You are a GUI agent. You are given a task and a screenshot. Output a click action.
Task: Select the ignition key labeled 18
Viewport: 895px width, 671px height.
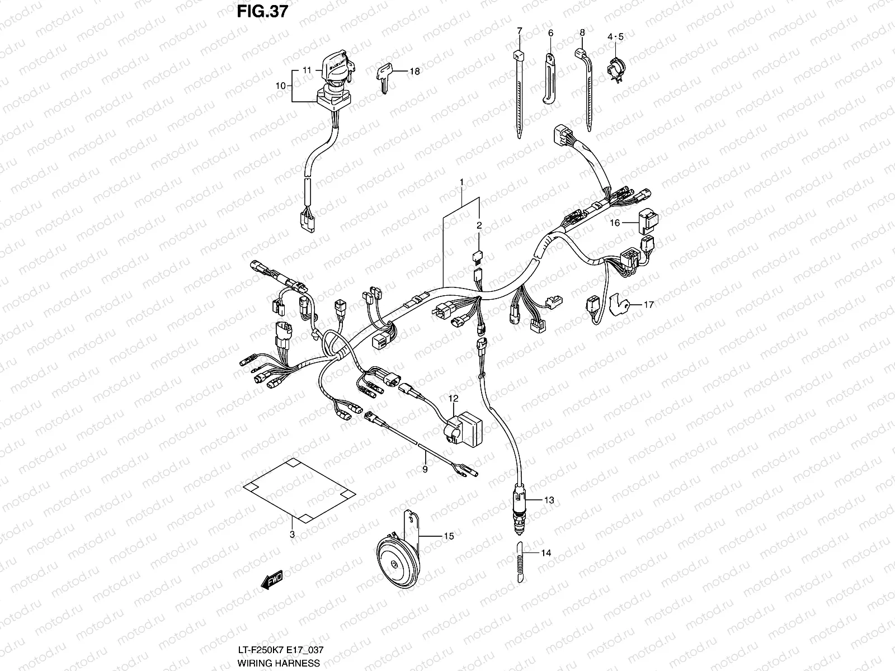[x=384, y=74]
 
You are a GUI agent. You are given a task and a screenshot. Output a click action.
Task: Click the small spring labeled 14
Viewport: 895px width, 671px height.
[x=519, y=564]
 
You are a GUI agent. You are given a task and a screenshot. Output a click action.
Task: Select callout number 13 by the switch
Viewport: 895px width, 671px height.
[x=549, y=500]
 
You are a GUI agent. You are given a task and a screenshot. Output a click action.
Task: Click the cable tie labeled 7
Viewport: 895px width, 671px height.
[x=519, y=89]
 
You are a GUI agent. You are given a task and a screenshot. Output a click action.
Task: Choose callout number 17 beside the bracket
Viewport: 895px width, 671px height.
[x=648, y=305]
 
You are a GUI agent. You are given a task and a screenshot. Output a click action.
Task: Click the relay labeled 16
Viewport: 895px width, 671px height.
[x=649, y=221]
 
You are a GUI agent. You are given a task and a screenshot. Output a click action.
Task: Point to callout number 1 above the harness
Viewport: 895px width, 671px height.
[x=461, y=182]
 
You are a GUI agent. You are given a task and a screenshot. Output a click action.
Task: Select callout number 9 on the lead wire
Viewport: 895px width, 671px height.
[x=425, y=469]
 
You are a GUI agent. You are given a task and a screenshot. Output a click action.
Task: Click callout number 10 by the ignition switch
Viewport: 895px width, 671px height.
[x=280, y=86]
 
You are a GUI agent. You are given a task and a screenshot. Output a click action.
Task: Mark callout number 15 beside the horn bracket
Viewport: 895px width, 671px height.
[x=448, y=536]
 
